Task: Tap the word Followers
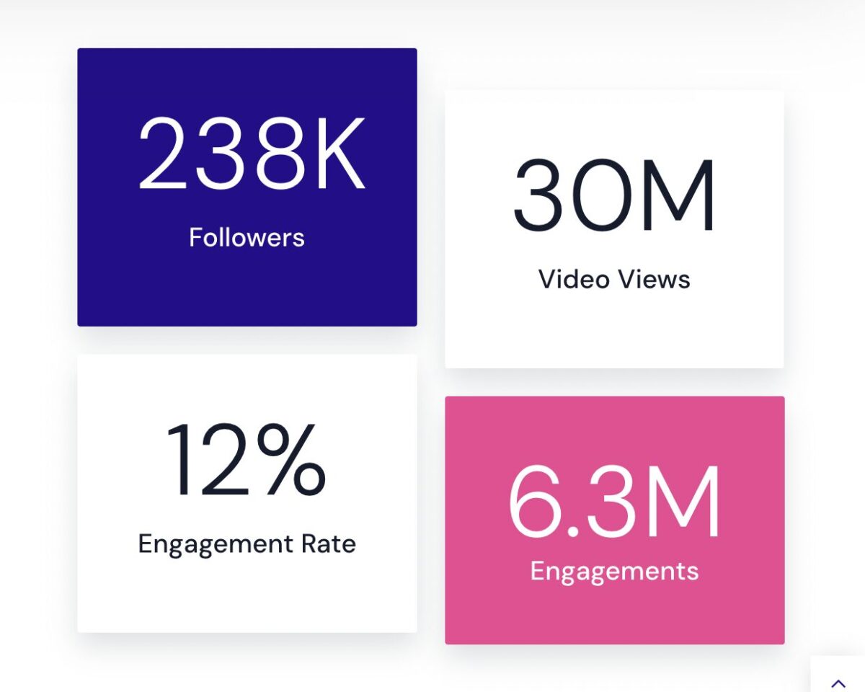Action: click(x=247, y=237)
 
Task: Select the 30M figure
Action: click(x=614, y=195)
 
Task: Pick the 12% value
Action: click(x=246, y=460)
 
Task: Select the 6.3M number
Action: click(x=614, y=502)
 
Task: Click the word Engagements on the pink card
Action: click(x=614, y=571)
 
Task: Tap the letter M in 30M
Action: click(x=680, y=195)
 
